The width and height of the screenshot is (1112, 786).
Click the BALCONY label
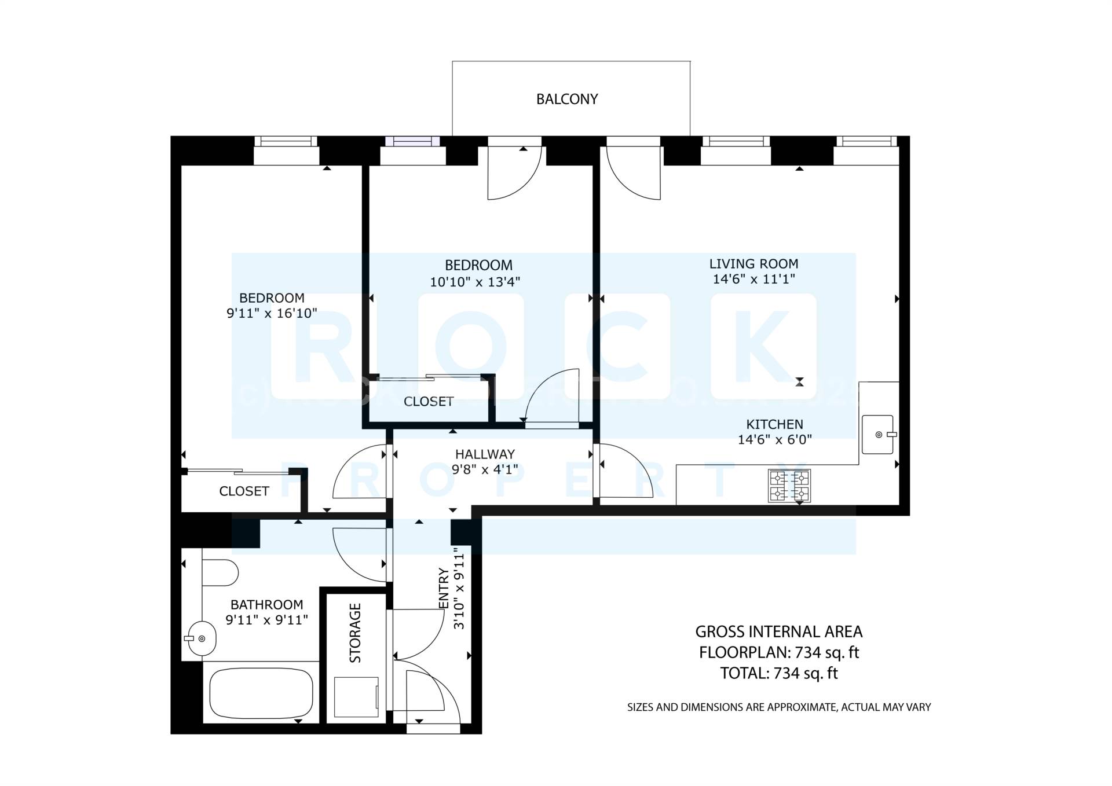[566, 100]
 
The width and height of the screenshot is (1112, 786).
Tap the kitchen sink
[877, 434]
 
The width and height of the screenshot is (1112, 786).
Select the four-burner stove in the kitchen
[789, 485]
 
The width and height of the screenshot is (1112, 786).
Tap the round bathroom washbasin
[200, 639]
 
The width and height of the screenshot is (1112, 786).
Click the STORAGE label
[355, 633]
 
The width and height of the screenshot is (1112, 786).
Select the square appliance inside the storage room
[356, 697]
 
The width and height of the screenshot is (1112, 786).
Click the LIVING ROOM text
[753, 264]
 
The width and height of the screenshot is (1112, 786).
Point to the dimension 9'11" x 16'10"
[272, 314]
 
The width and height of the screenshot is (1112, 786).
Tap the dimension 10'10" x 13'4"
[475, 282]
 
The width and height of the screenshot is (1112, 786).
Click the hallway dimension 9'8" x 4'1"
[485, 469]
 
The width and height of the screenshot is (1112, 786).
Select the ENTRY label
[444, 588]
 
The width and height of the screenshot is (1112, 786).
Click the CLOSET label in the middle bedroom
[429, 402]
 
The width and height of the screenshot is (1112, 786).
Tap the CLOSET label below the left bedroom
[244, 491]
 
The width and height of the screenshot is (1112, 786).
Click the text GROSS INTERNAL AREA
[778, 631]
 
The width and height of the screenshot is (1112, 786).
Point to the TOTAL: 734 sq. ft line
[778, 673]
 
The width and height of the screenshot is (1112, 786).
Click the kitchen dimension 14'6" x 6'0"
[774, 440]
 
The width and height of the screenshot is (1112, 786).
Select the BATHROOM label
[266, 605]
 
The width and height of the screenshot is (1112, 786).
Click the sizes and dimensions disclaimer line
[778, 707]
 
